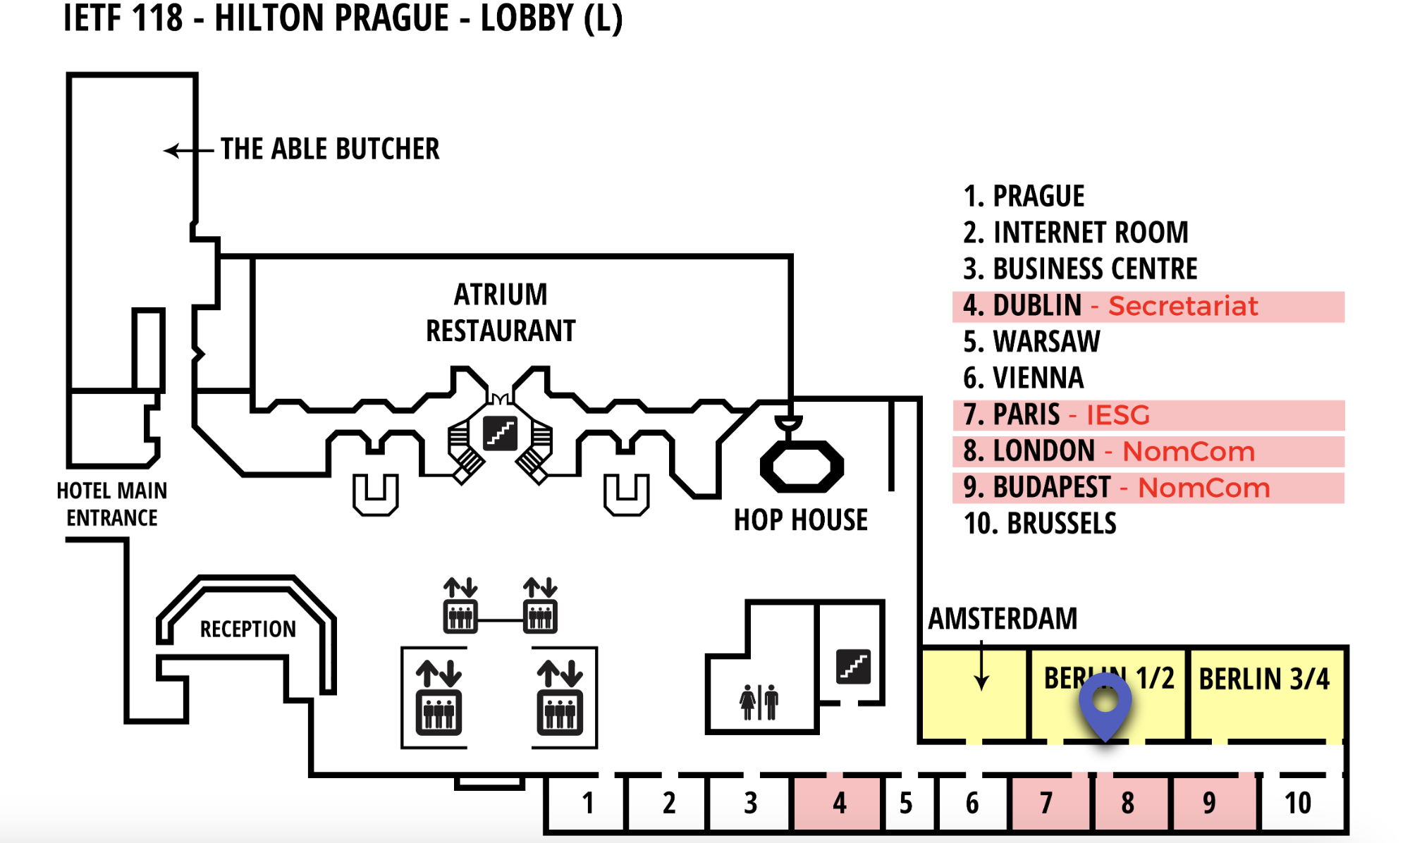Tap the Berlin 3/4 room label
[1264, 679]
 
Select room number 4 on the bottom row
[839, 803]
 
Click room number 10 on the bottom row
[1298, 803]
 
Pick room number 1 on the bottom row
[588, 803]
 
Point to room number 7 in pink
[1046, 803]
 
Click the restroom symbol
[759, 702]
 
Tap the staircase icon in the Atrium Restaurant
[500, 433]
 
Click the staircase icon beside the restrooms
[853, 666]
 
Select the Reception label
[247, 629]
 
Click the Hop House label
[801, 520]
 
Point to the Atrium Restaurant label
[501, 312]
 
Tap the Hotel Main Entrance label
[111, 504]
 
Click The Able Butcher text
[330, 149]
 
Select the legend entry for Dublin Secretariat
[1110, 306]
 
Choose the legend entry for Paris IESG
[1056, 414]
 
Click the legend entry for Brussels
[1040, 524]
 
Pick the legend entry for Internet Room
[1076, 233]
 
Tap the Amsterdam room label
[1003, 619]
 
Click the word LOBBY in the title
[525, 18]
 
